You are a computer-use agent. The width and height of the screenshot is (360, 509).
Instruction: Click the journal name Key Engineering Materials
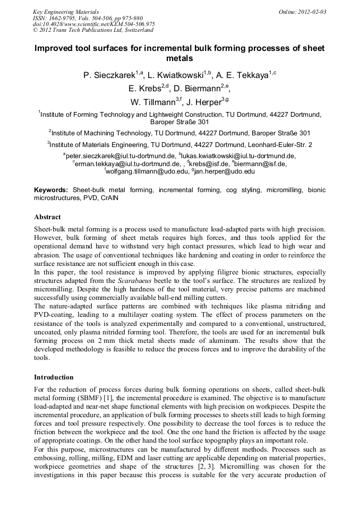point(66,11)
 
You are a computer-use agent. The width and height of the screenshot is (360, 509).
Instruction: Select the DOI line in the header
point(93,24)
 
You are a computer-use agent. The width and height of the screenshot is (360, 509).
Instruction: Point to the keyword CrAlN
point(109,197)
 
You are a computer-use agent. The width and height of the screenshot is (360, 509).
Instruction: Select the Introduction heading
point(54,377)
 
